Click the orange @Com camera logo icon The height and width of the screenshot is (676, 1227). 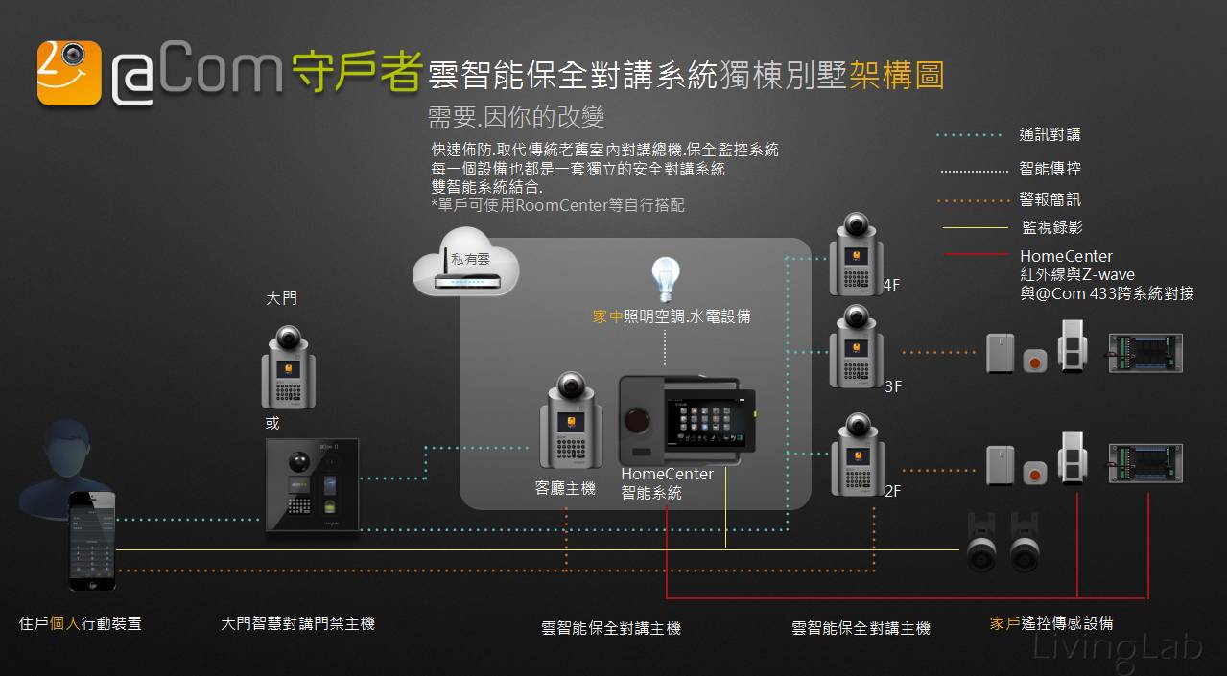pyautogui.click(x=69, y=72)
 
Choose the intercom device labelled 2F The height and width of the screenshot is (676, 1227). pyautogui.click(x=857, y=455)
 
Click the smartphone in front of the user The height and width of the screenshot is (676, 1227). pyautogui.click(x=92, y=539)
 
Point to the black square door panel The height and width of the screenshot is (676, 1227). pyautogui.click(x=313, y=485)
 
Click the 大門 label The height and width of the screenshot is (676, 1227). pyautogui.click(x=281, y=299)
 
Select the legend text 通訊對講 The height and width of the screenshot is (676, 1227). pyautogui.click(x=1050, y=135)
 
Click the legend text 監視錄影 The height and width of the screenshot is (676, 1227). pyautogui.click(x=1051, y=228)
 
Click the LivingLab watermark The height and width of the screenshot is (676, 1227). pyautogui.click(x=1118, y=646)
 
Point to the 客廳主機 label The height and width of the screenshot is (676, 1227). pyautogui.click(x=565, y=489)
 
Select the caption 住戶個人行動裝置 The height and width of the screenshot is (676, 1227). pyautogui.click(x=81, y=624)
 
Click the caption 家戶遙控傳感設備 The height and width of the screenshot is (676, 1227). pyautogui.click(x=1051, y=623)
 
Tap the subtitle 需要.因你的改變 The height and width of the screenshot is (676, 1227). pyautogui.click(x=516, y=118)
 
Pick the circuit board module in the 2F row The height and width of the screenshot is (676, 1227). pyautogui.click(x=1145, y=463)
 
